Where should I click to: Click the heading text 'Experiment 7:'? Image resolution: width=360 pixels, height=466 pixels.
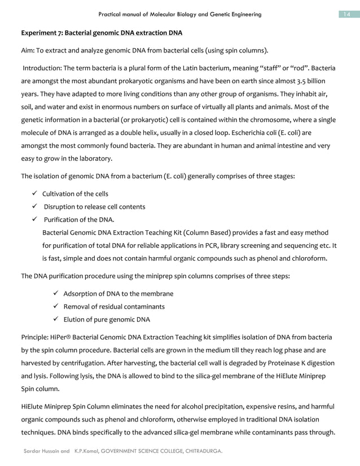point(43,32)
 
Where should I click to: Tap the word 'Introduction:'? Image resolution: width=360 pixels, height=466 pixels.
point(42,68)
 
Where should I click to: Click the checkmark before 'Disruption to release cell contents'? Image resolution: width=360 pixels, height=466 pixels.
point(35,207)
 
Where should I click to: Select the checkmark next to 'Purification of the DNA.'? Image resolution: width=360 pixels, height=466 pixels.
point(35,220)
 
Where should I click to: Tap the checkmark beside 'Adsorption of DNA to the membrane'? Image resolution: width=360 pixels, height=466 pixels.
point(55,294)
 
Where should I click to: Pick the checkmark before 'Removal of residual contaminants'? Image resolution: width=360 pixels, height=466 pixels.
point(55,307)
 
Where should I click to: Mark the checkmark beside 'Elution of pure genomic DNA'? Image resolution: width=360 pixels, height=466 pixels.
point(55,320)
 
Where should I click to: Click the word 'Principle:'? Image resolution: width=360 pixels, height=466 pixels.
point(36,337)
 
